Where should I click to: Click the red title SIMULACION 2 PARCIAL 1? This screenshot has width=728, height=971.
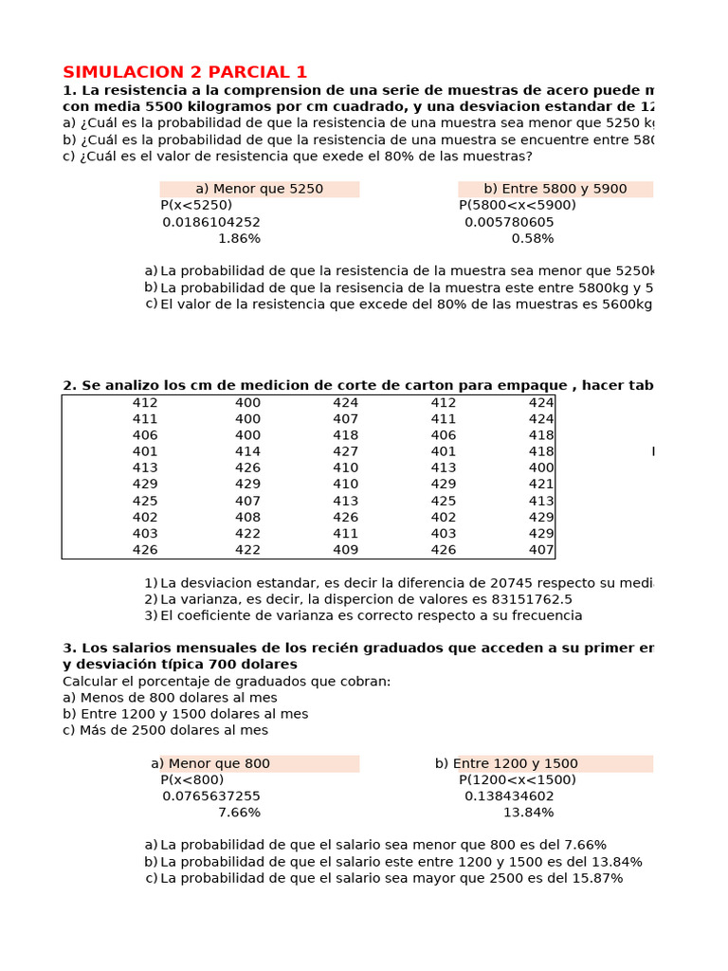point(185,72)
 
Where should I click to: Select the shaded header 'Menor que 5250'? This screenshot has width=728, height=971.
point(259,189)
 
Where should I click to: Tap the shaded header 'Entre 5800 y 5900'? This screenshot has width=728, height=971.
point(555,189)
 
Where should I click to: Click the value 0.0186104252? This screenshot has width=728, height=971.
point(211,222)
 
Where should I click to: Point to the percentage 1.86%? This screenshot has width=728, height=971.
point(239,238)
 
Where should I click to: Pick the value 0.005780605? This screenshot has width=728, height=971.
point(509,222)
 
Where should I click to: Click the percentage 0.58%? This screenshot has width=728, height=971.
point(533,238)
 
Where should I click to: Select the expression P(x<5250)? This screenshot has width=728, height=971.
point(196,205)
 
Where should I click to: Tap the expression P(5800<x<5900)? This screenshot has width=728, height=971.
point(518,205)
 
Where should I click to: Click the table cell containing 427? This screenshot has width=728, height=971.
point(346,451)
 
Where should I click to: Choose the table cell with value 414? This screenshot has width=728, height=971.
point(247,451)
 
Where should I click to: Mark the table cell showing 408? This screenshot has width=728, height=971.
point(247,517)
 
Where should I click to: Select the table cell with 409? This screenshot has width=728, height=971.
point(346,549)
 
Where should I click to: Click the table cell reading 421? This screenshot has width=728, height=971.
point(541,484)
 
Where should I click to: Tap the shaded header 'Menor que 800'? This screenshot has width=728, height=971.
point(259,763)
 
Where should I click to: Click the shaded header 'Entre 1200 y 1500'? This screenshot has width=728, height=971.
point(555,763)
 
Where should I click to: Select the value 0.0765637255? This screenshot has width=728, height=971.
point(211,797)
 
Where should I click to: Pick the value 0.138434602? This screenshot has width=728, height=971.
point(509,797)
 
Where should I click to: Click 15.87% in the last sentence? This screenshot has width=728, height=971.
point(593,878)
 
